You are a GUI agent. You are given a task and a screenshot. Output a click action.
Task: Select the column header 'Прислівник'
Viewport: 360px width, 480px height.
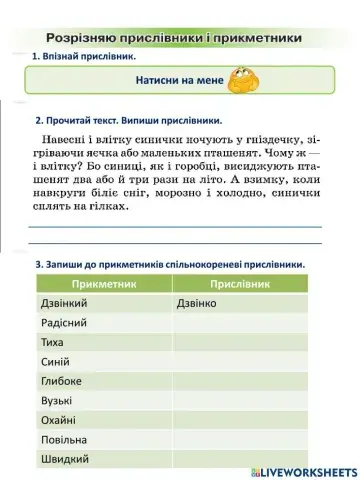pos(240,284)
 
